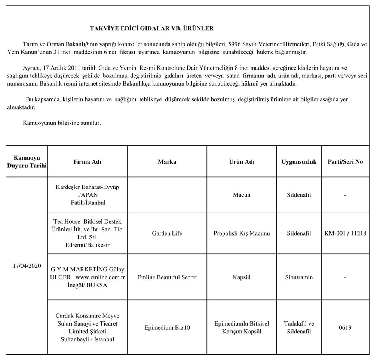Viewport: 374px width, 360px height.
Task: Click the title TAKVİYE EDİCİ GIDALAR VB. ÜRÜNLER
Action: coord(152,28)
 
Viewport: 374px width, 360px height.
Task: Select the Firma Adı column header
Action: coord(88,162)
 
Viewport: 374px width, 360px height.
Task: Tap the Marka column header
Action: coord(167,162)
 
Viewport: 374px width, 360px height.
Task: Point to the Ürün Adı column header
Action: coord(242,162)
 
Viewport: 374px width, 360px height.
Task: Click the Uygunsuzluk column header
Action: coord(299,162)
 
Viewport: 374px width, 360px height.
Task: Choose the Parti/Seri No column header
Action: coord(345,162)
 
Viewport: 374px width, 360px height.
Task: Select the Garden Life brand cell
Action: coord(167,233)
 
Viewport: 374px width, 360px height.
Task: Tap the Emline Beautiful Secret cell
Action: coord(167,277)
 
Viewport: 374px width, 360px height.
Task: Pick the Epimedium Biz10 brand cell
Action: coord(167,327)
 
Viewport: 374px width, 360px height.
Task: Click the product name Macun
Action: coord(242,195)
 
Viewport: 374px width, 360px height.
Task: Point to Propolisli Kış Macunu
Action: coord(242,233)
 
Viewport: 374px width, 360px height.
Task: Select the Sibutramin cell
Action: coord(299,277)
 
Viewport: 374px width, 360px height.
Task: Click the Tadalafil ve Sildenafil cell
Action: coord(299,327)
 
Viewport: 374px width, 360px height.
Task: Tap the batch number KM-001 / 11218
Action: coord(345,233)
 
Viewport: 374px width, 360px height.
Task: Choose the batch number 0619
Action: coord(345,327)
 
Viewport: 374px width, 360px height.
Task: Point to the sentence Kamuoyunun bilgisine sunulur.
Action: coord(62,123)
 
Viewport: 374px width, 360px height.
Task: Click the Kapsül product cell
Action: coord(242,277)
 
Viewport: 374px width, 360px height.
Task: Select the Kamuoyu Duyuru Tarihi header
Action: coord(27,162)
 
